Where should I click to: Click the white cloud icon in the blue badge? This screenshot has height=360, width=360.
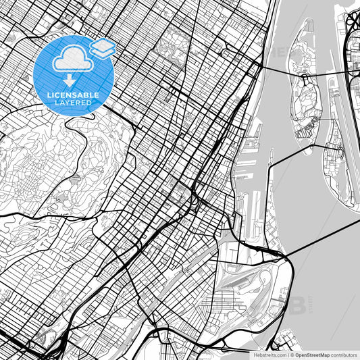70,59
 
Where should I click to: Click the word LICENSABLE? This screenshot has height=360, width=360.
73,95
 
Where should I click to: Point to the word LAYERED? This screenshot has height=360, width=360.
72,103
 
